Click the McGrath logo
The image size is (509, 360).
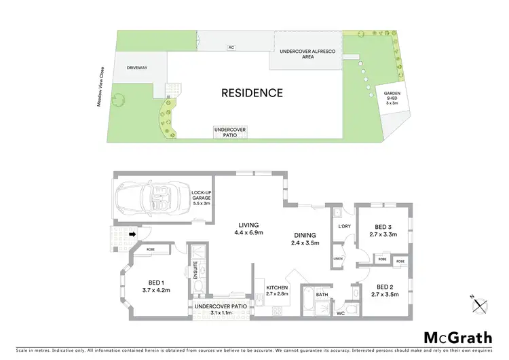[x=459, y=338]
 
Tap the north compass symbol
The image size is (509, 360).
[x=481, y=303]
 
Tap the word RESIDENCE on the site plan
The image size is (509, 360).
[x=252, y=92]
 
